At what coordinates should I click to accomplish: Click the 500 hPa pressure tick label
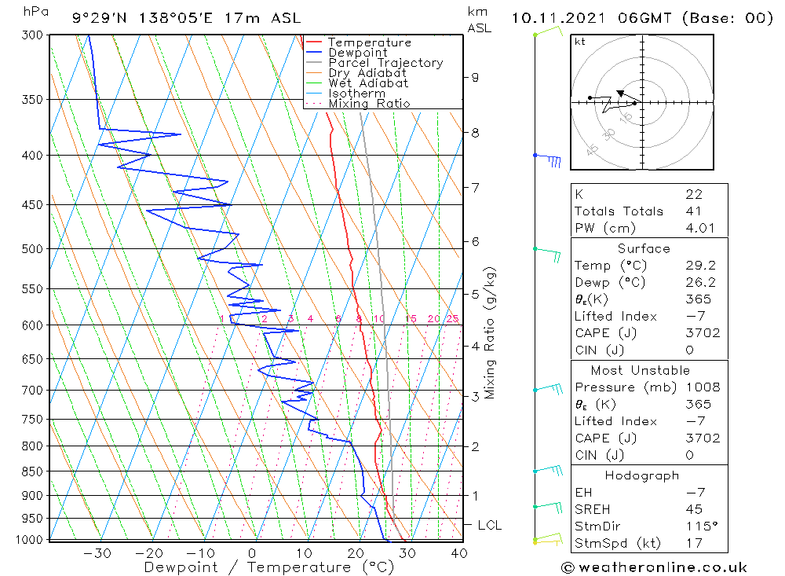(32, 249)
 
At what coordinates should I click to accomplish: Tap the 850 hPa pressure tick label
(32, 471)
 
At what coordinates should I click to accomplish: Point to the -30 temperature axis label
(97, 553)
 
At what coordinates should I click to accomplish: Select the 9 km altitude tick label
(475, 78)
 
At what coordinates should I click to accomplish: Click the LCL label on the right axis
(489, 525)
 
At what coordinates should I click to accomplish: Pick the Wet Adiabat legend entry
(368, 83)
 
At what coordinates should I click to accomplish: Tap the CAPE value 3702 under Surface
(703, 333)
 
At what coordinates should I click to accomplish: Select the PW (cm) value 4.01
(700, 228)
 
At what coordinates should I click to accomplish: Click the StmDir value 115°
(701, 526)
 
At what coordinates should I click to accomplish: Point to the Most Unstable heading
(641, 370)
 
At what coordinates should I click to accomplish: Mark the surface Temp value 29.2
(700, 265)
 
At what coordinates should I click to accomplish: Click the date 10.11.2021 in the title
(558, 19)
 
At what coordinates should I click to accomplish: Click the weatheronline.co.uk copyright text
(655, 567)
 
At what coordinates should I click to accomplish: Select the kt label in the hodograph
(580, 42)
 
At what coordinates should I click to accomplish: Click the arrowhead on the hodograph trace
(620, 94)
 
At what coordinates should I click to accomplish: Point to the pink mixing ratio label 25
(453, 319)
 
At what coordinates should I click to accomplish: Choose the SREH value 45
(694, 509)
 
